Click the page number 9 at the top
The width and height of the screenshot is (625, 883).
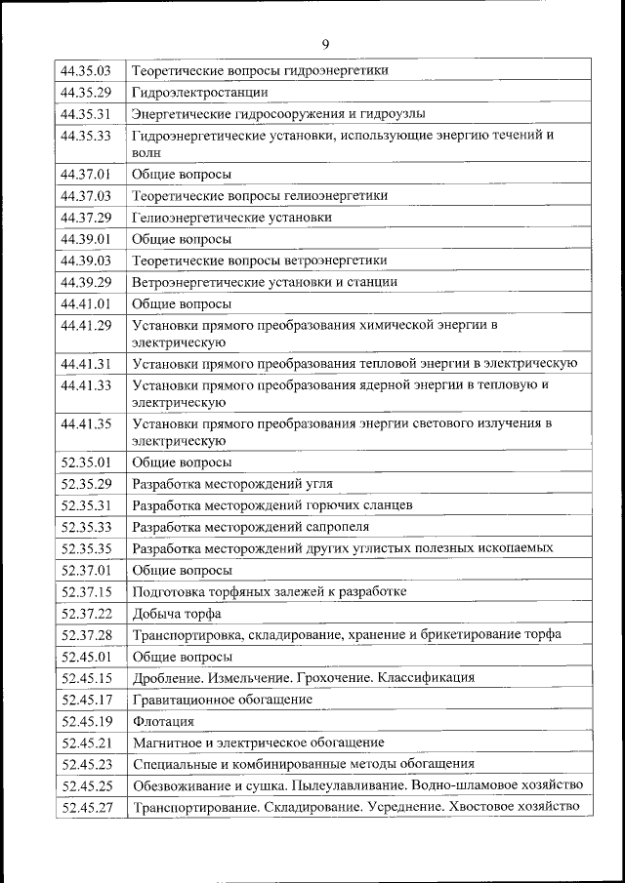pyautogui.click(x=325, y=44)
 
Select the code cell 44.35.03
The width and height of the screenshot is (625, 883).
pyautogui.click(x=86, y=71)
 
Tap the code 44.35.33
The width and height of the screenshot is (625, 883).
pyautogui.click(x=86, y=136)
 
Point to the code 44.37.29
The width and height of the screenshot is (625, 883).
pyautogui.click(x=86, y=218)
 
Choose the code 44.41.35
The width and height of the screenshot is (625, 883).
pyautogui.click(x=86, y=423)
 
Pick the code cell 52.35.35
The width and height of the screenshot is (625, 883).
pyautogui.click(x=86, y=548)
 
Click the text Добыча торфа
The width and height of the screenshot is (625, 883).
pyautogui.click(x=177, y=614)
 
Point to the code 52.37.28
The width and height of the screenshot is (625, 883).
pyautogui.click(x=86, y=635)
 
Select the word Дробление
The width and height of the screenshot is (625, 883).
pyautogui.click(x=169, y=678)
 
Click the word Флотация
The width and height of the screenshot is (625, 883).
pyautogui.click(x=163, y=722)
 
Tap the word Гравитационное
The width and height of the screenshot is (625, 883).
pyautogui.click(x=184, y=700)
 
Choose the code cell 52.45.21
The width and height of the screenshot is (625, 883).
pyautogui.click(x=86, y=743)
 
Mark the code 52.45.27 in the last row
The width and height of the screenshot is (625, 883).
pyautogui.click(x=86, y=807)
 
